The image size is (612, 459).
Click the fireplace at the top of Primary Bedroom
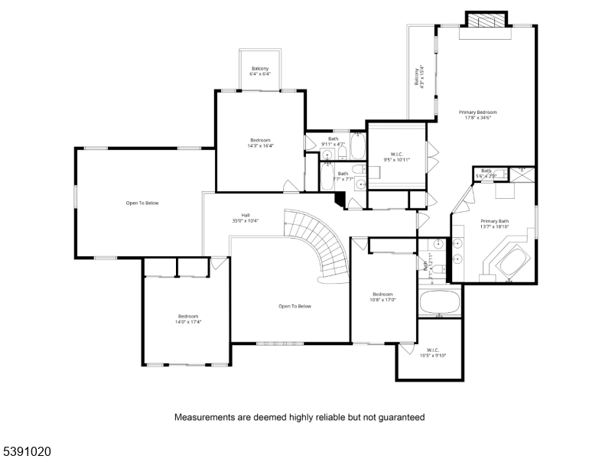click(486, 21)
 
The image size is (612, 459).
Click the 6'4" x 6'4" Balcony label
click(259, 72)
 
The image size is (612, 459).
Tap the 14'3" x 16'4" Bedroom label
click(260, 143)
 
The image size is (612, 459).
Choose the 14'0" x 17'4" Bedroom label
click(188, 319)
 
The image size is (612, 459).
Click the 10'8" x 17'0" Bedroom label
click(382, 297)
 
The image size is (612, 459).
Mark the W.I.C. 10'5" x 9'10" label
click(432, 352)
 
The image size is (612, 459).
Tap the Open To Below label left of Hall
click(142, 203)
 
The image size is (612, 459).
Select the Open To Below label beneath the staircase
click(295, 306)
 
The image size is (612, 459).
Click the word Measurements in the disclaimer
click(202, 418)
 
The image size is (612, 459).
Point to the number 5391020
click(26, 452)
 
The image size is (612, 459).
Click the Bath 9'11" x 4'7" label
click(334, 141)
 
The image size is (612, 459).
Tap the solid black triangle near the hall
click(339, 197)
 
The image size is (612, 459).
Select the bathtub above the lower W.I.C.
click(439, 302)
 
